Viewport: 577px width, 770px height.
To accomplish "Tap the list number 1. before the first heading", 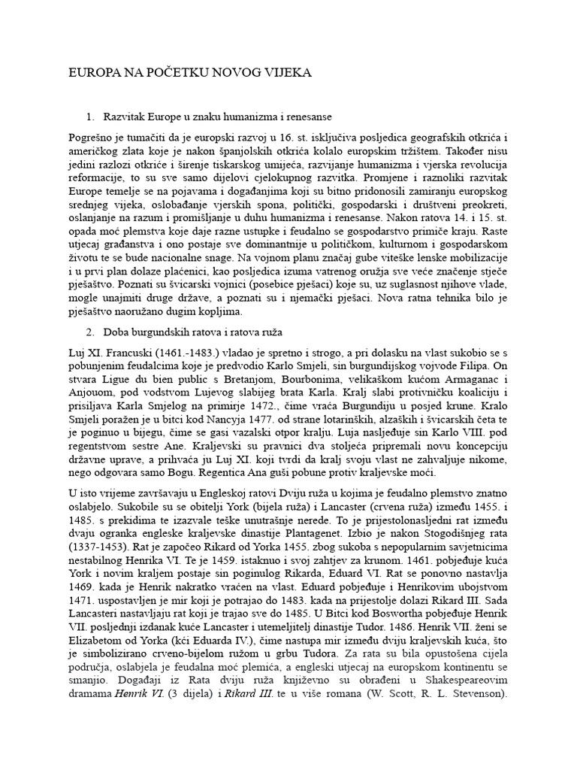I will click(x=91, y=117).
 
